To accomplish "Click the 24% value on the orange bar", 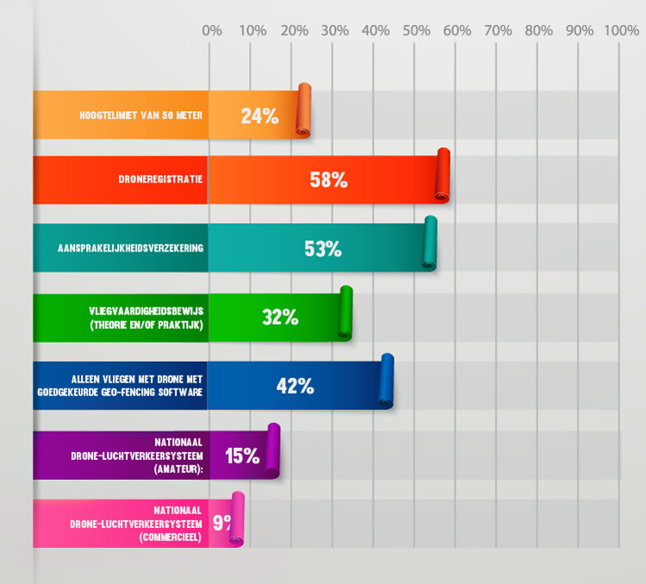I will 259,115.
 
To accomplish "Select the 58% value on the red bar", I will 328,180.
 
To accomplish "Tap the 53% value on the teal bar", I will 323,249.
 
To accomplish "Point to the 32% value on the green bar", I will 280,317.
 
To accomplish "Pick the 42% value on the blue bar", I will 295,386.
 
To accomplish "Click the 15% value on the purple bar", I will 242,456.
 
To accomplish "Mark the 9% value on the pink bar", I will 221,521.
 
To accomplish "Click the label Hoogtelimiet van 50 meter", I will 141,115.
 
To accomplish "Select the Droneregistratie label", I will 161,180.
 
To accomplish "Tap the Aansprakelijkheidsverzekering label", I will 130,249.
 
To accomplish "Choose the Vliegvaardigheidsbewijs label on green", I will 146,311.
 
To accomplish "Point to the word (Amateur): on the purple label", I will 178,470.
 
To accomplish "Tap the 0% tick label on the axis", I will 212,31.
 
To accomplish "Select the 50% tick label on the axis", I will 417,31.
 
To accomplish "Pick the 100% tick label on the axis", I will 621,31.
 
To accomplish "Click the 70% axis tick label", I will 499,31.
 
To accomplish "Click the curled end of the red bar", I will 443,176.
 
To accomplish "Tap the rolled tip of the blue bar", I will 387,381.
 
